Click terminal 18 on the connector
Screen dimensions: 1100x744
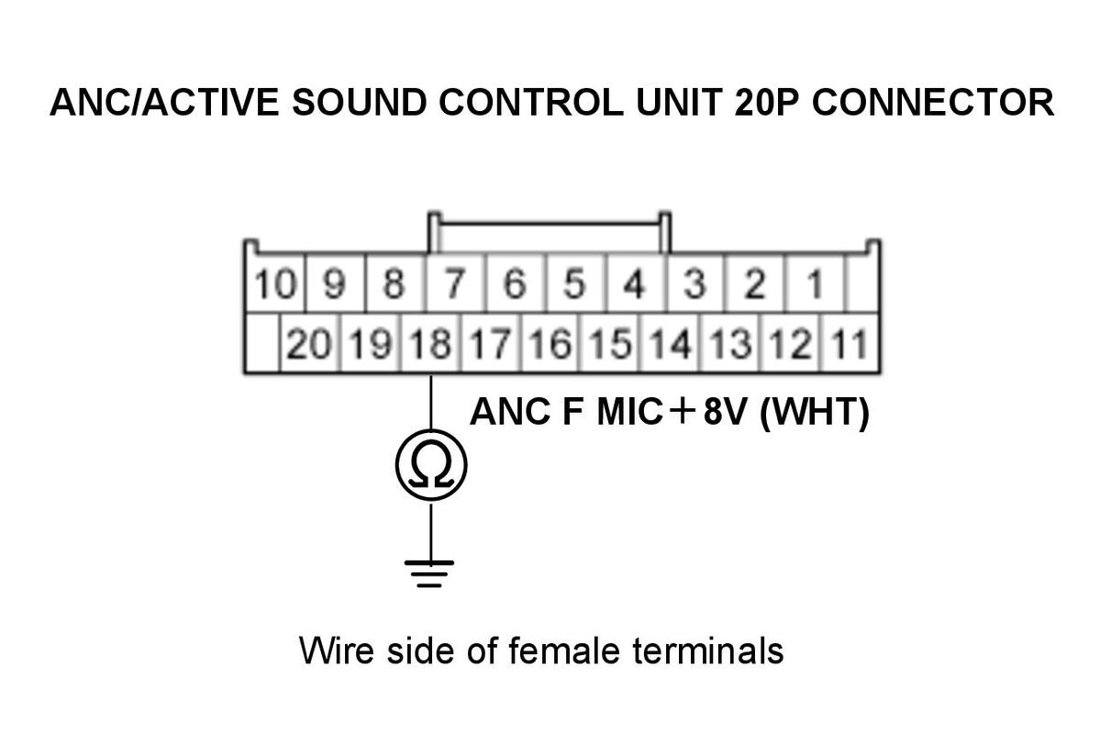click(x=430, y=344)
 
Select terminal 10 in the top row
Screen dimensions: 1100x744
click(x=275, y=284)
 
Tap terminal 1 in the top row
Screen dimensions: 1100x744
click(x=816, y=284)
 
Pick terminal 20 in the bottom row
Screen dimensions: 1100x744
click(x=309, y=344)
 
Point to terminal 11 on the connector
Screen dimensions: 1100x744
click(x=850, y=344)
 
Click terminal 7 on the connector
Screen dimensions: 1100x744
click(x=455, y=284)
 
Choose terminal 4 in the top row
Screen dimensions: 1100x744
click(x=635, y=284)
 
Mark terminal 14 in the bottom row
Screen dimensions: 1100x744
click(x=670, y=344)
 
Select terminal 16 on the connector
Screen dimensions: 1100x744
click(x=550, y=344)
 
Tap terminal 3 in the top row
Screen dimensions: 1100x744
click(x=695, y=284)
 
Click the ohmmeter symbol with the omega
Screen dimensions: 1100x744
click(x=431, y=464)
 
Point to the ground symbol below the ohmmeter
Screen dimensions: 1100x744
click(x=429, y=572)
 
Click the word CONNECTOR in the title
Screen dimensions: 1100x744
click(x=933, y=103)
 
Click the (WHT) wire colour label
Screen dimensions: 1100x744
click(x=815, y=412)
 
